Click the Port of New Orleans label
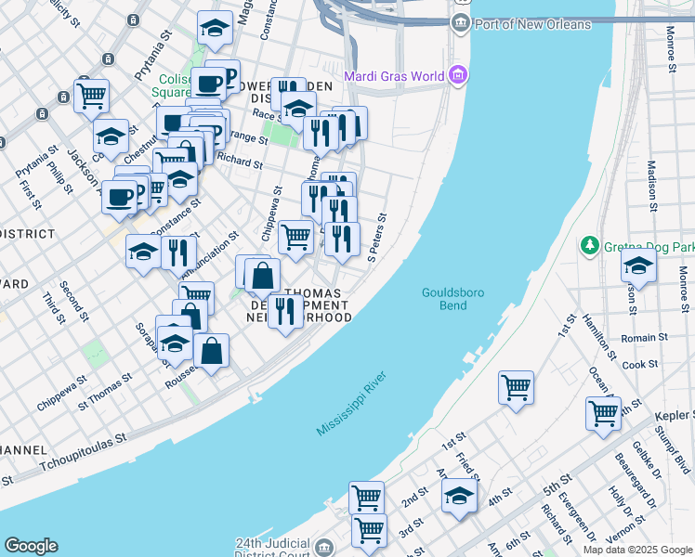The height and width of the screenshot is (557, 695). coord(532,24)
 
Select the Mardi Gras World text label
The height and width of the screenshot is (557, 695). coord(394,76)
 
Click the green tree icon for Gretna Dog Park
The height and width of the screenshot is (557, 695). coord(589,246)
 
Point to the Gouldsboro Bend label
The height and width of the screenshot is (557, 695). coord(444,298)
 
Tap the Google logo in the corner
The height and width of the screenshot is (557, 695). coord(31,546)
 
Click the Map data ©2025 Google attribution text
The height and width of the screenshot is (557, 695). coord(637,550)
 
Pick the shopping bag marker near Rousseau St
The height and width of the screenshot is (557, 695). coord(212,352)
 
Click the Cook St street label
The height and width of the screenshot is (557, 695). coord(640,365)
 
